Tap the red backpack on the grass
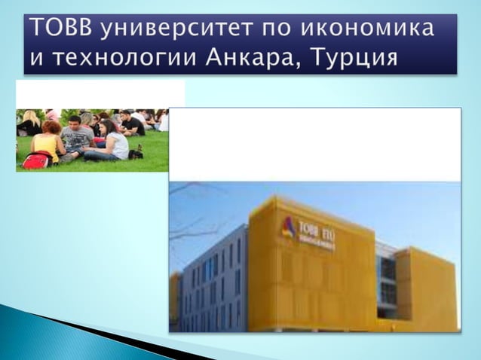click(x=35, y=160)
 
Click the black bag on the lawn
click(x=136, y=153)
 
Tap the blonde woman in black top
click(x=30, y=123)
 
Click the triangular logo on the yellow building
click(x=287, y=226)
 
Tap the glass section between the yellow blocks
click(x=387, y=279)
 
